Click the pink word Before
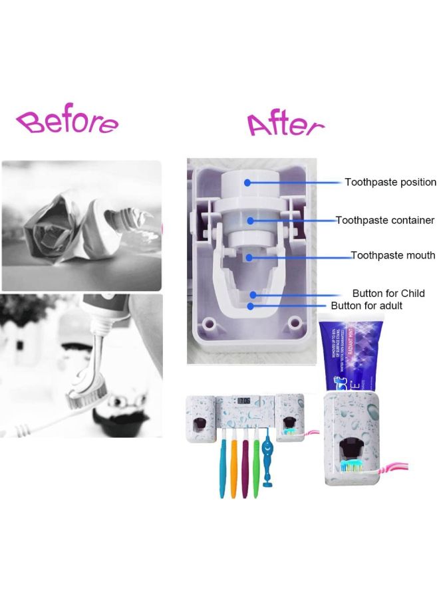pos(67,123)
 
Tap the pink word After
pos(285,124)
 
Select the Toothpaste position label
pos(390,182)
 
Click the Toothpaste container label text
pos(385,220)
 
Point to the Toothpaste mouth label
pos(392,255)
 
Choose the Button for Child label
pos(388,294)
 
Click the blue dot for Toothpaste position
pos(247,182)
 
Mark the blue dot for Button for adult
pos(250,306)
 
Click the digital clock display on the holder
pos(244,401)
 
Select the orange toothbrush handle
pos(233,465)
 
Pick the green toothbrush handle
pos(255,465)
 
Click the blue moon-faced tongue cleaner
pos(268,458)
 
